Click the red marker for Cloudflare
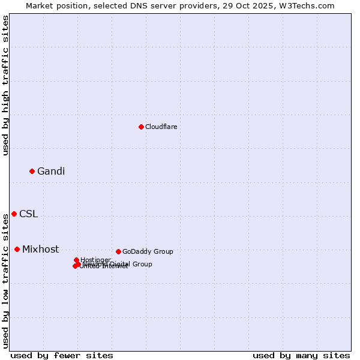coord(141,127)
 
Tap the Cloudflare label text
coord(161,127)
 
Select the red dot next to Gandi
coord(32,171)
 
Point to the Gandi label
coord(51,172)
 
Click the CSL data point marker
coord(14,214)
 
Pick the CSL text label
coord(28,214)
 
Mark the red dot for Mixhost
coord(17,249)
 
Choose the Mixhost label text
coord(40,250)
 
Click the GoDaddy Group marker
coord(118,251)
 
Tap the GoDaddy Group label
coord(148,251)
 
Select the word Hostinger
coord(95,260)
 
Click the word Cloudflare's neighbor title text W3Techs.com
coord(310,5)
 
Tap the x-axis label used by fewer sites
coord(62,355)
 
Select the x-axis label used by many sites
coord(301,355)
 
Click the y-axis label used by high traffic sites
coord(5,85)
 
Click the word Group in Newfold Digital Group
coord(142,264)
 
